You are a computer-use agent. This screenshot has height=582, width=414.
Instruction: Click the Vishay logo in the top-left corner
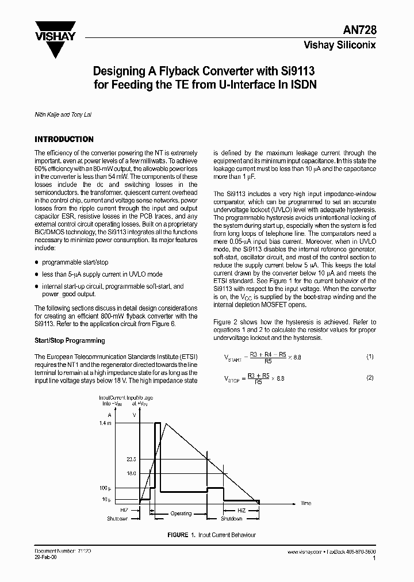(x=55, y=38)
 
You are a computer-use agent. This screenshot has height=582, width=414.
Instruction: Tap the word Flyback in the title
(x=180, y=71)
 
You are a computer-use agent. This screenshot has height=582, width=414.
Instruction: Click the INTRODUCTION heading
(x=64, y=139)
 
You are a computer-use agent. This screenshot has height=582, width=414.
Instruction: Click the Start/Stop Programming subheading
(x=70, y=340)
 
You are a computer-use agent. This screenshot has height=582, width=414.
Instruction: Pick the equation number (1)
(x=370, y=357)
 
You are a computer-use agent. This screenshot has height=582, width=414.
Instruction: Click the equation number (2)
(x=370, y=378)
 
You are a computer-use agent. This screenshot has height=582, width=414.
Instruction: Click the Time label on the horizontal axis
(x=306, y=503)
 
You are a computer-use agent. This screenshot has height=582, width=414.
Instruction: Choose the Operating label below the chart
(x=181, y=514)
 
